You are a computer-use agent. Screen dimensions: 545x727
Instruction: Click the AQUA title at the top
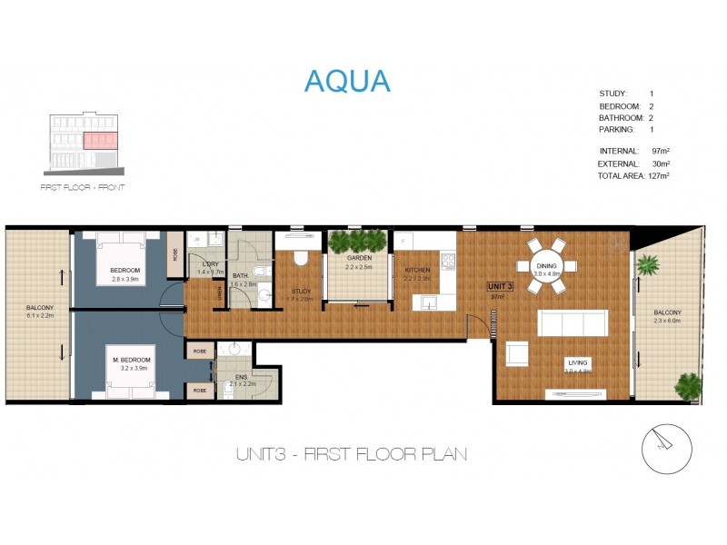pyautogui.click(x=347, y=81)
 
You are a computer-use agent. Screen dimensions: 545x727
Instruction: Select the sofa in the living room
pyautogui.click(x=573, y=323)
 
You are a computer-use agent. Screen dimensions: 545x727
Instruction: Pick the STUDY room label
pyautogui.click(x=301, y=291)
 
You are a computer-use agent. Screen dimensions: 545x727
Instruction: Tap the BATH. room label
pyautogui.click(x=240, y=275)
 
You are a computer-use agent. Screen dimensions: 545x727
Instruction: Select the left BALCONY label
pyautogui.click(x=39, y=308)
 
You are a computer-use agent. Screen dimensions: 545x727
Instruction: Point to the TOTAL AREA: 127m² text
pyautogui.click(x=633, y=175)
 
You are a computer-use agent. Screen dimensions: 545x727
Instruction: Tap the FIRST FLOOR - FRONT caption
pyautogui.click(x=83, y=187)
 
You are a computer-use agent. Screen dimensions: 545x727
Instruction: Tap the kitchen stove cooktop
pyautogui.click(x=447, y=262)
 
